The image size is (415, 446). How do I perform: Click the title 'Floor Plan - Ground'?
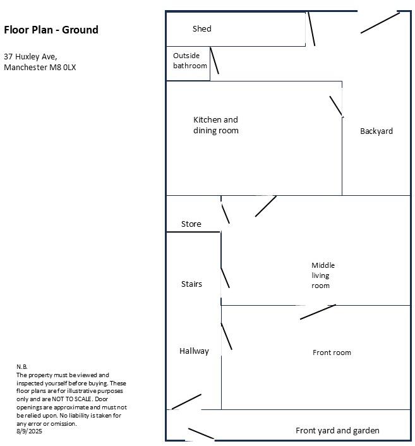click(x=51, y=30)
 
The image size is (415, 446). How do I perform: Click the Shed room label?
click(x=202, y=28)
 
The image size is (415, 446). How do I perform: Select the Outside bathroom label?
click(x=189, y=61)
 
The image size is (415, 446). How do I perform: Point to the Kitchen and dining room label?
click(x=216, y=125)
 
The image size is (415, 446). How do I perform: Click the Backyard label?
click(x=376, y=131)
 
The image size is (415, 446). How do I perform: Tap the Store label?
click(x=191, y=224)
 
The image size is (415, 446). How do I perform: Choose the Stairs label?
click(x=191, y=284)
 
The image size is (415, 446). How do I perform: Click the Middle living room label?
click(x=323, y=275)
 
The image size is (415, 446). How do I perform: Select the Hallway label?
click(x=194, y=351)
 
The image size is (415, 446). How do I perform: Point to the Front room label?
click(x=332, y=353)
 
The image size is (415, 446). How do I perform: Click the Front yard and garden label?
click(x=337, y=431)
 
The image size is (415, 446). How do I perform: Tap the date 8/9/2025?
click(x=30, y=431)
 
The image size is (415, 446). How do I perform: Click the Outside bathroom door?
click(x=215, y=61)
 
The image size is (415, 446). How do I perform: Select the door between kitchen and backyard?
click(x=336, y=106)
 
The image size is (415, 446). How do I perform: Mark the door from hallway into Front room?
click(x=226, y=336)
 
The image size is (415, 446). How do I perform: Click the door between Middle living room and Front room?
click(x=318, y=312)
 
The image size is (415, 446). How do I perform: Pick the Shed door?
click(x=311, y=29)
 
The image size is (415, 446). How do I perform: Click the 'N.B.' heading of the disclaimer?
click(x=22, y=367)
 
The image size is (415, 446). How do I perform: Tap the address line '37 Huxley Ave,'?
click(x=30, y=56)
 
